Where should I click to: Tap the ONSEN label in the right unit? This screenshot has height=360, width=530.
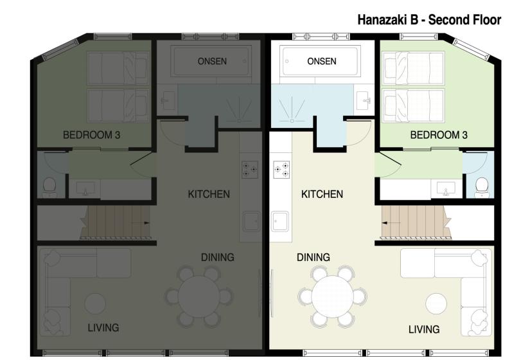click(x=322, y=62)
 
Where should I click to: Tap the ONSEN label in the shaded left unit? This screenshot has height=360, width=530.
click(x=213, y=62)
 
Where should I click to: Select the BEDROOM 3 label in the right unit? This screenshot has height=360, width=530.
click(x=439, y=135)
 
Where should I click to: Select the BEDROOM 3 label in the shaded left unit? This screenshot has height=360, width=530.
click(x=92, y=135)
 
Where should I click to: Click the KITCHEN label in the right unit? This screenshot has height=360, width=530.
click(x=322, y=194)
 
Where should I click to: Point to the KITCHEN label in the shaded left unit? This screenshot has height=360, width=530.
click(x=208, y=194)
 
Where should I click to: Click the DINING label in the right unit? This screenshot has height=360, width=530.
click(x=314, y=257)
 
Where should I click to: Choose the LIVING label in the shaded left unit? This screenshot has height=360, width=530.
click(x=103, y=328)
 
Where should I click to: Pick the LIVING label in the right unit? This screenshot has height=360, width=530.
click(x=424, y=329)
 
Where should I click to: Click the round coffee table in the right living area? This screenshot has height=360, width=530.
click(x=437, y=303)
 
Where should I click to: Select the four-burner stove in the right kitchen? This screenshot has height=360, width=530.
click(x=281, y=170)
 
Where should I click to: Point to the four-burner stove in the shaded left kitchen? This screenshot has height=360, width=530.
click(x=249, y=170)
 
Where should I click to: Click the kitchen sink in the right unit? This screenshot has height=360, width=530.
click(x=280, y=222)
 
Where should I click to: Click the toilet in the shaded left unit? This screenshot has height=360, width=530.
click(x=49, y=186)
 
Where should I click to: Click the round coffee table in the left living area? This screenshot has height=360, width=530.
click(x=95, y=303)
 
